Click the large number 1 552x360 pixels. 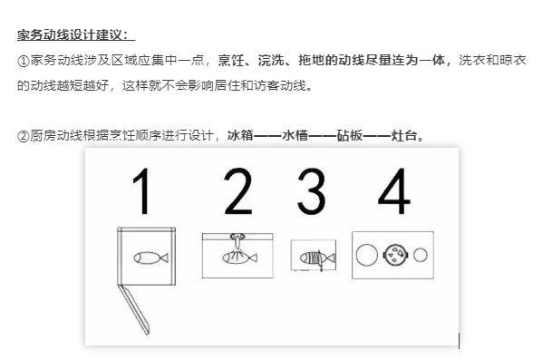[140, 192]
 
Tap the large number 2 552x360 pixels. [237, 192]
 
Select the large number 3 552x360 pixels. [311, 192]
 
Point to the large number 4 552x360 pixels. [393, 192]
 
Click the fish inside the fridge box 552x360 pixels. [149, 258]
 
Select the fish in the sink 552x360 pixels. [237, 259]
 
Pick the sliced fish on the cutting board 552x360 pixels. [311, 258]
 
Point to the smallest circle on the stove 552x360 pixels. [421, 255]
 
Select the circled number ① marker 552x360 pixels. [24, 60]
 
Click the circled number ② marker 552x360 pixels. [24, 136]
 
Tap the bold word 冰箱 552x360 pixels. [241, 136]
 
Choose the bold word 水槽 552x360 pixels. [296, 136]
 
